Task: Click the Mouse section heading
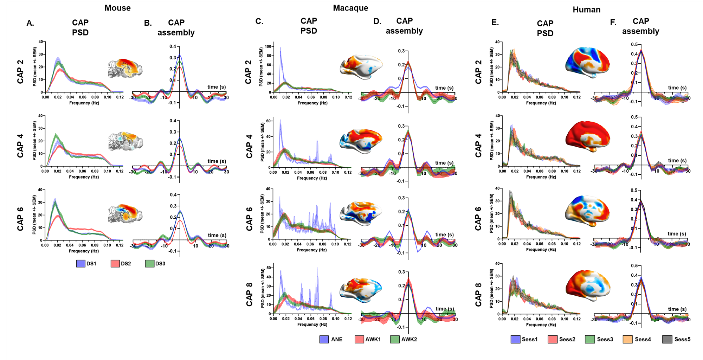117,8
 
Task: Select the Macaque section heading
350,8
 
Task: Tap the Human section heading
586,10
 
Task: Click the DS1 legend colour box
80,264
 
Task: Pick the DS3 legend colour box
150,264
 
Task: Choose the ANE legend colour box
324,339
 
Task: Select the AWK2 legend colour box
395,339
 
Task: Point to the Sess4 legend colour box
627,339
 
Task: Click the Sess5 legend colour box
667,339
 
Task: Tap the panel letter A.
30,23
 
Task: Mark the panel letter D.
377,21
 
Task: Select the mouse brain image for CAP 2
125,68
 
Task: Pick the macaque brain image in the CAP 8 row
361,290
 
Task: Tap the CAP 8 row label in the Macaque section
249,294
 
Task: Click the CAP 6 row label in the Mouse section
20,219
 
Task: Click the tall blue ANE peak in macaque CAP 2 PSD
280,49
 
